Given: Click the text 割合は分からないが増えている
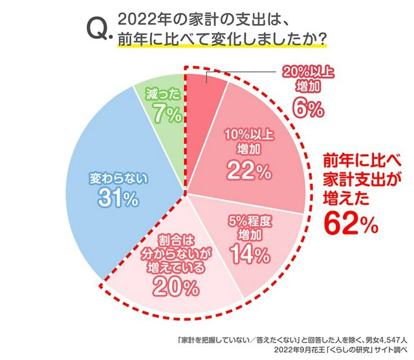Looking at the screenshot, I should coord(171,253).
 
